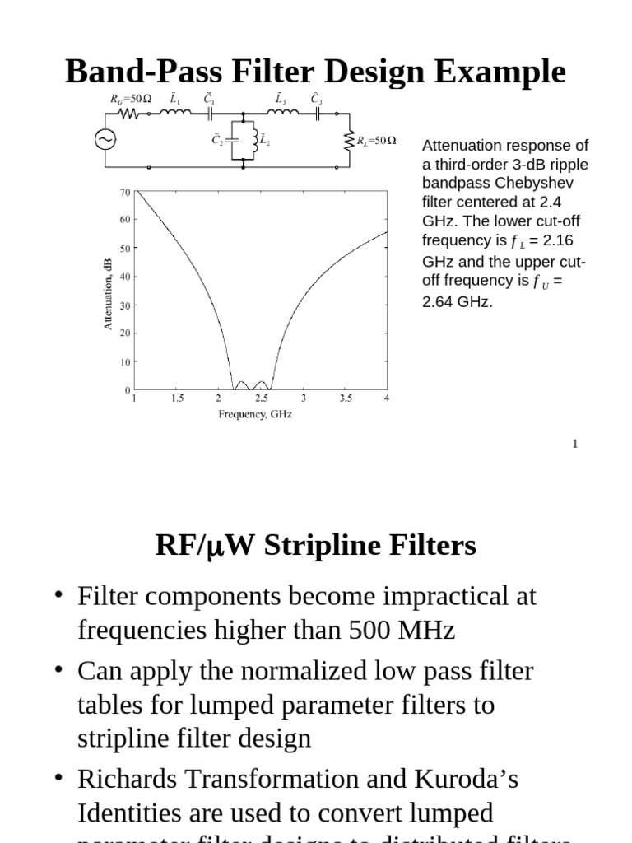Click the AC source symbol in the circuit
(105, 140)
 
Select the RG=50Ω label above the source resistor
(131, 99)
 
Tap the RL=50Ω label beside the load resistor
(376, 141)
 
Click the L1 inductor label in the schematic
(175, 98)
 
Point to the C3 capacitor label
(316, 98)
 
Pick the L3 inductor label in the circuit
(281, 98)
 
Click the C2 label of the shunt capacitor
(217, 140)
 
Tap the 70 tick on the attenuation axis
(125, 192)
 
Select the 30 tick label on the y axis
(125, 305)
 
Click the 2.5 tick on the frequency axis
(261, 398)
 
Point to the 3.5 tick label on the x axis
(346, 398)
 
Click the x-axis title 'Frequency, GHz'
(255, 414)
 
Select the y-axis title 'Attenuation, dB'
(108, 293)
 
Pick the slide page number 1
(575, 444)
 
